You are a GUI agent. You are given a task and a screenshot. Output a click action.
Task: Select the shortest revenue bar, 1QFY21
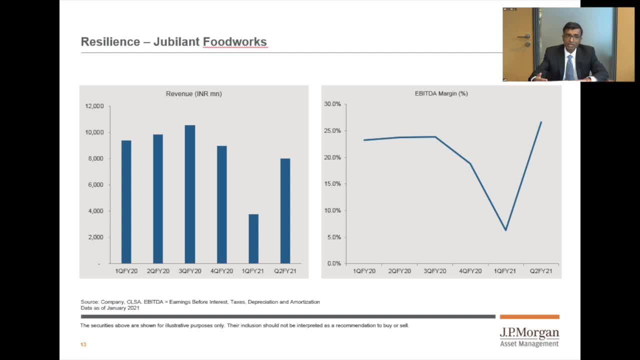253,238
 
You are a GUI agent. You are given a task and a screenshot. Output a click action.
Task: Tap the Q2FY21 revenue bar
285,210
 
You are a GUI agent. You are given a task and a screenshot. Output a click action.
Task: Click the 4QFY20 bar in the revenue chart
221,204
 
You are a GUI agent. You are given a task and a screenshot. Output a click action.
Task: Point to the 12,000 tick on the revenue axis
94,106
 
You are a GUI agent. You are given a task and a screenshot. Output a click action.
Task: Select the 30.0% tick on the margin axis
332,104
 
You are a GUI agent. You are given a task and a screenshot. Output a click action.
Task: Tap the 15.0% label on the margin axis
332,184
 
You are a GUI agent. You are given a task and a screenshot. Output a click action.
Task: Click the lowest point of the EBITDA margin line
506,230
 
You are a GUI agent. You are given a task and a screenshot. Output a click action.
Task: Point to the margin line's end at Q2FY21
541,122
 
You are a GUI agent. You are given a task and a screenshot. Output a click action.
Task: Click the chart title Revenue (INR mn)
193,94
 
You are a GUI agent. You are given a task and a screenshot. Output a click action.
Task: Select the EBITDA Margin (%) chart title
441,93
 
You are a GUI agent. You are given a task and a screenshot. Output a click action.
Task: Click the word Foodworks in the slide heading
234,42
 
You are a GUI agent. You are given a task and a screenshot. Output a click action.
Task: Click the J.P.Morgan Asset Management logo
529,337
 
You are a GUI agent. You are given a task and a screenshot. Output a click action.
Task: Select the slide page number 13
83,344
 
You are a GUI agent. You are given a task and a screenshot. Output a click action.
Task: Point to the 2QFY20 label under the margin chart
399,271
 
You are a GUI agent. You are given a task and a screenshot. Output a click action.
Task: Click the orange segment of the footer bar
529,316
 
